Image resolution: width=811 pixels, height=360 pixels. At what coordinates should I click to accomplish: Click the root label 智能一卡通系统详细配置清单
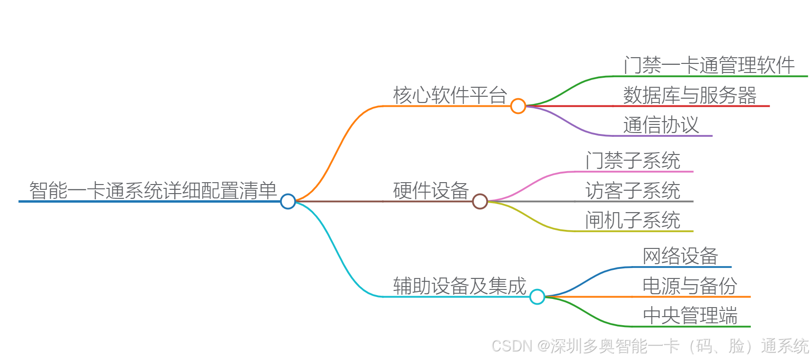(153, 190)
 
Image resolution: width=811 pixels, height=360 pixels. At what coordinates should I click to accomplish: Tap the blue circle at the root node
(288, 201)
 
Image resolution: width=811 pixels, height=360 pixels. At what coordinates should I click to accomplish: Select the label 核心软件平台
(450, 95)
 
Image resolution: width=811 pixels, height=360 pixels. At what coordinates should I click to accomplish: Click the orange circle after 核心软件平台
(518, 106)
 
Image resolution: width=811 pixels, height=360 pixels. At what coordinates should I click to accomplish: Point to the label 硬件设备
(431, 190)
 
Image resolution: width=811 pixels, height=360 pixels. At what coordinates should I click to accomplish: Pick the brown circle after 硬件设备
(479, 201)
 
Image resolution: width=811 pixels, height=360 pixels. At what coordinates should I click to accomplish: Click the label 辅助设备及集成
(459, 286)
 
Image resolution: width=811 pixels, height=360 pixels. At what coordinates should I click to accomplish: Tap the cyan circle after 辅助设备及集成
(537, 297)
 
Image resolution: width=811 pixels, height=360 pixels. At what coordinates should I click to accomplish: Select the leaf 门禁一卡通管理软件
(709, 65)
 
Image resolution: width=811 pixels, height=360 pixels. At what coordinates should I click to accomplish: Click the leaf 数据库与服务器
(690, 95)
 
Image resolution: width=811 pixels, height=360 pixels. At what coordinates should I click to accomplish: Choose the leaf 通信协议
(661, 125)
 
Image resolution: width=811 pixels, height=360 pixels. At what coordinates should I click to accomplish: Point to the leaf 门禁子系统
(633, 161)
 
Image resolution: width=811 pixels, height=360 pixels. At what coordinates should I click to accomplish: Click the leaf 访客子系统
(633, 190)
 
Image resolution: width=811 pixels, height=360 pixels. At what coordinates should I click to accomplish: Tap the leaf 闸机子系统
(633, 220)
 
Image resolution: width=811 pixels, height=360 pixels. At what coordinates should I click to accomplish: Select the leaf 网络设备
(680, 256)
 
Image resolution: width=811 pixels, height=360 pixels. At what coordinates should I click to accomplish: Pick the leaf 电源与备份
(690, 286)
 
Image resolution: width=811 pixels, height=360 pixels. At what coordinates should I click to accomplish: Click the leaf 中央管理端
(690, 316)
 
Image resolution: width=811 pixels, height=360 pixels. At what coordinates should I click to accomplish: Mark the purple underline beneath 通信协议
(668, 136)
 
